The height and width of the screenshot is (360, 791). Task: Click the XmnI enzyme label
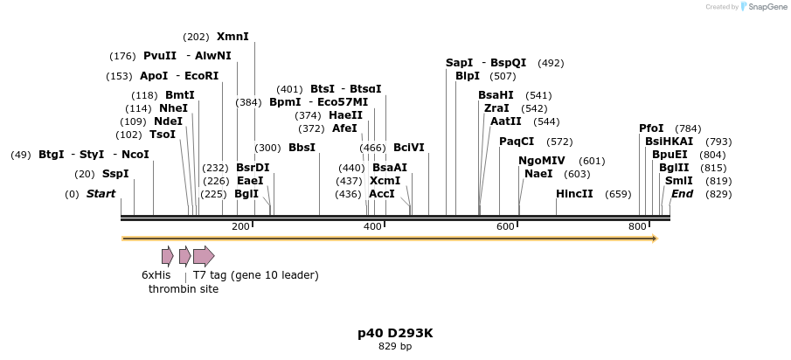pos(232,37)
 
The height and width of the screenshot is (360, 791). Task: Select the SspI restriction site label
pos(115,174)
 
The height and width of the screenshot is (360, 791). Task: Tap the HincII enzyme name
pos(574,193)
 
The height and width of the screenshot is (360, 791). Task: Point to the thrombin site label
pos(184,288)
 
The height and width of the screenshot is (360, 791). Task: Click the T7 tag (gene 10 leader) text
pos(255,275)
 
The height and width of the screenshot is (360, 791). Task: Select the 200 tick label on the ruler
pos(240,227)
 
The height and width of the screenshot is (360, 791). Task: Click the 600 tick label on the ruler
pos(505,227)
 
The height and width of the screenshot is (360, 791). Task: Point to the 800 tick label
pos(637,227)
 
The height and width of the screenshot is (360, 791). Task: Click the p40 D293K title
pos(395,333)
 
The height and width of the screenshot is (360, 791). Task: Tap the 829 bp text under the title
pos(395,347)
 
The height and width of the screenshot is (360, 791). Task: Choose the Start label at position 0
pos(101,193)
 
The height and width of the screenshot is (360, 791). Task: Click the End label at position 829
pos(682,193)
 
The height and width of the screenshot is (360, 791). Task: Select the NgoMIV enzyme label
pos(542,161)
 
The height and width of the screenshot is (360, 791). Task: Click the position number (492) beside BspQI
pos(551,63)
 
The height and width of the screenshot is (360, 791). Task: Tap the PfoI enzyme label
pos(651,128)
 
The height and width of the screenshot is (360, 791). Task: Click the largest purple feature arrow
pos(203,256)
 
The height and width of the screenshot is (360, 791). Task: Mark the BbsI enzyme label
pos(302,148)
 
